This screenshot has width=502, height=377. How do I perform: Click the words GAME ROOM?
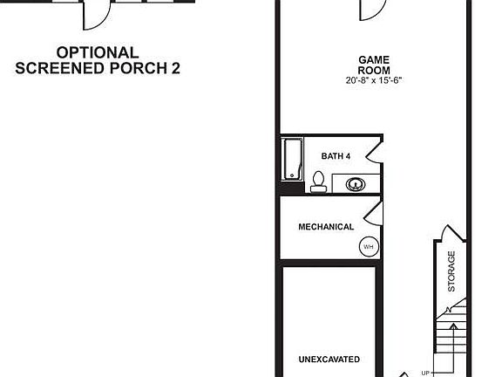(374, 65)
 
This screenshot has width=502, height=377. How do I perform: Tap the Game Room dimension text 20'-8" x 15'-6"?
(374, 80)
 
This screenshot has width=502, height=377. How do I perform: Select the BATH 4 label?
(336, 156)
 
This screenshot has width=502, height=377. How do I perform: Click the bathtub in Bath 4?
(290, 161)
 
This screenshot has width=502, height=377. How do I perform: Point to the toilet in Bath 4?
(318, 181)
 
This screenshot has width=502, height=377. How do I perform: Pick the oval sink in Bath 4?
(356, 184)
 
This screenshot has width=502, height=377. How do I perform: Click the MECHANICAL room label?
(326, 227)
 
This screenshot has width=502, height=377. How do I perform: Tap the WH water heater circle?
(368, 247)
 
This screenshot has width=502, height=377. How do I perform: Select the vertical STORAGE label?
(451, 271)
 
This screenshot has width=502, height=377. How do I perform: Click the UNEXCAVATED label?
(329, 360)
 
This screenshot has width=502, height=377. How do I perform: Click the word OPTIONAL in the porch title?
(98, 52)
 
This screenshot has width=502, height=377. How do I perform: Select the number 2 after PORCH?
(175, 67)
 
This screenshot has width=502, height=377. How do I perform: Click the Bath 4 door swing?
(374, 151)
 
